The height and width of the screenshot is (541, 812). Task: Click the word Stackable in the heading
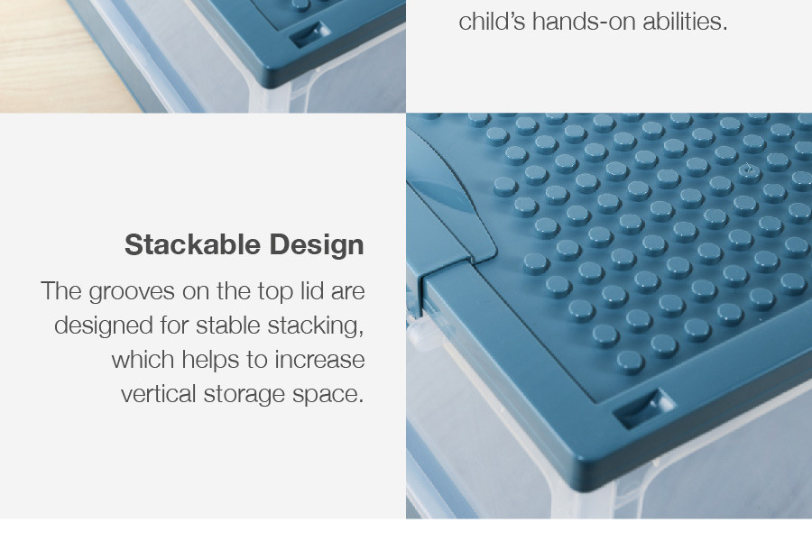(x=192, y=244)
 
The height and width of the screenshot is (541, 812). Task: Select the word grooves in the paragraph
(x=132, y=292)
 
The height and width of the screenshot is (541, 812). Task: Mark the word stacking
(x=316, y=326)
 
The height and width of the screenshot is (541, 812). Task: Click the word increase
(x=319, y=360)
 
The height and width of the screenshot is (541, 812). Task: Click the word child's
(x=492, y=22)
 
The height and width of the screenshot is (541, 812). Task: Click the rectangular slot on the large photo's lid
(x=642, y=408)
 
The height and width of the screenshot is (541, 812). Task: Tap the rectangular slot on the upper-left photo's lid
(x=309, y=34)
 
